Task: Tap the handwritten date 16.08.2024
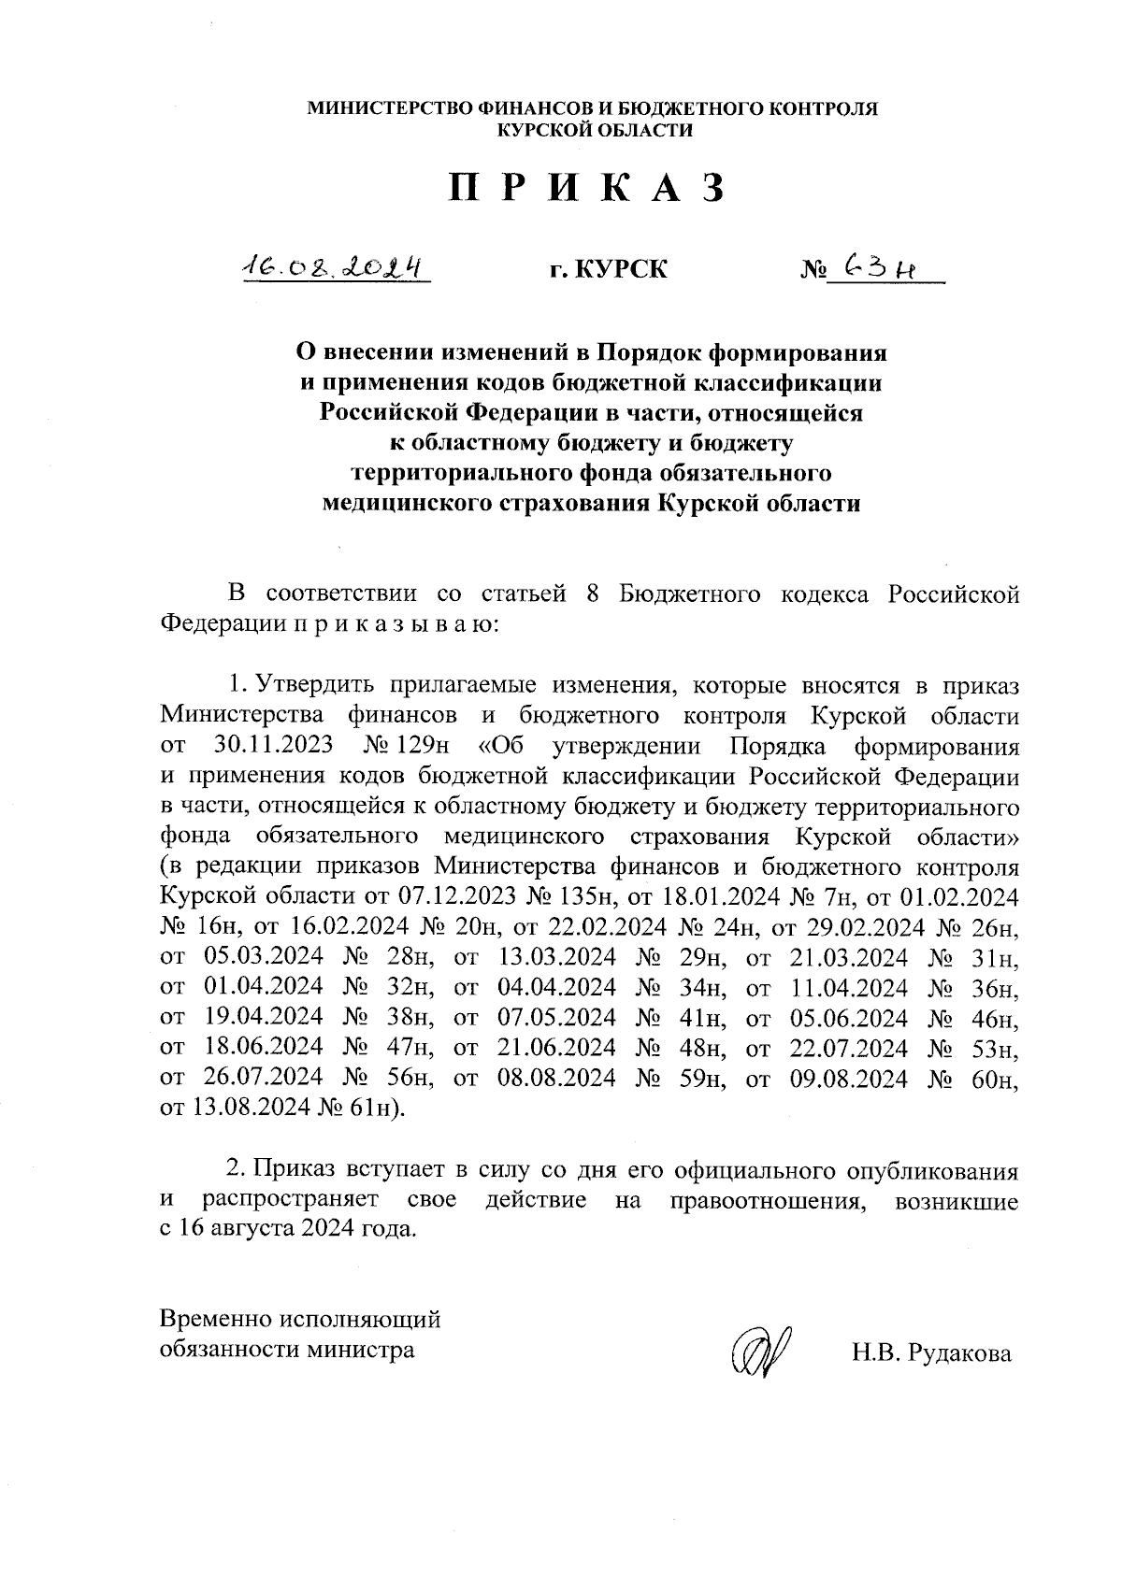(x=334, y=268)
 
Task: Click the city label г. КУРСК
(x=608, y=270)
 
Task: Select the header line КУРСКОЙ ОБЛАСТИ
(x=595, y=131)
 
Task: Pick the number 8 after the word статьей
(x=592, y=595)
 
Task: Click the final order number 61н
(x=379, y=1108)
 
